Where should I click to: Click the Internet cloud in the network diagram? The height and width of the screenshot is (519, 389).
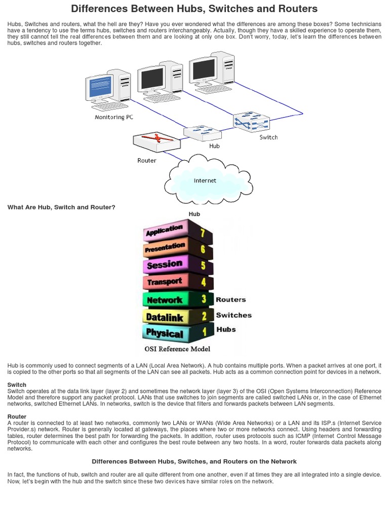click(x=204, y=180)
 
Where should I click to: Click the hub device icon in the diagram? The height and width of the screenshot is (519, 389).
click(x=202, y=133)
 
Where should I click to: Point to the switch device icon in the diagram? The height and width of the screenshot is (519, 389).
click(x=251, y=122)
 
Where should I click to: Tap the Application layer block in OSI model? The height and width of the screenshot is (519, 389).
click(x=172, y=232)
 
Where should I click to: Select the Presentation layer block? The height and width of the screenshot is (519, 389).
click(x=172, y=248)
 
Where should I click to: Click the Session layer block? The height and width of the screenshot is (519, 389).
click(x=172, y=265)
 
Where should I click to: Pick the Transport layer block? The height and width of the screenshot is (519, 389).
click(x=172, y=282)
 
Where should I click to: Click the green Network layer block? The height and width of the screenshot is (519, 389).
click(x=172, y=300)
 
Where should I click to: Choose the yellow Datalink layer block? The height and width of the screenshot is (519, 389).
click(x=172, y=317)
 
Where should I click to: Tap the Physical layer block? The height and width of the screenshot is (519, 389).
click(x=172, y=333)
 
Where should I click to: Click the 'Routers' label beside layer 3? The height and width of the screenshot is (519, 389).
click(x=230, y=300)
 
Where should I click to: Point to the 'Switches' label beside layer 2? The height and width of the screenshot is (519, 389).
click(x=234, y=315)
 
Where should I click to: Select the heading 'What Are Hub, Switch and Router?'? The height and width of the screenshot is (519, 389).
click(x=61, y=207)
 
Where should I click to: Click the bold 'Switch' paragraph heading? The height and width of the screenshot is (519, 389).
click(x=17, y=385)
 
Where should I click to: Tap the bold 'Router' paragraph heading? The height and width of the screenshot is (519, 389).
click(x=17, y=416)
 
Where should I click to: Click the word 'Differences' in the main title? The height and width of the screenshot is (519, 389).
click(x=99, y=9)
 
